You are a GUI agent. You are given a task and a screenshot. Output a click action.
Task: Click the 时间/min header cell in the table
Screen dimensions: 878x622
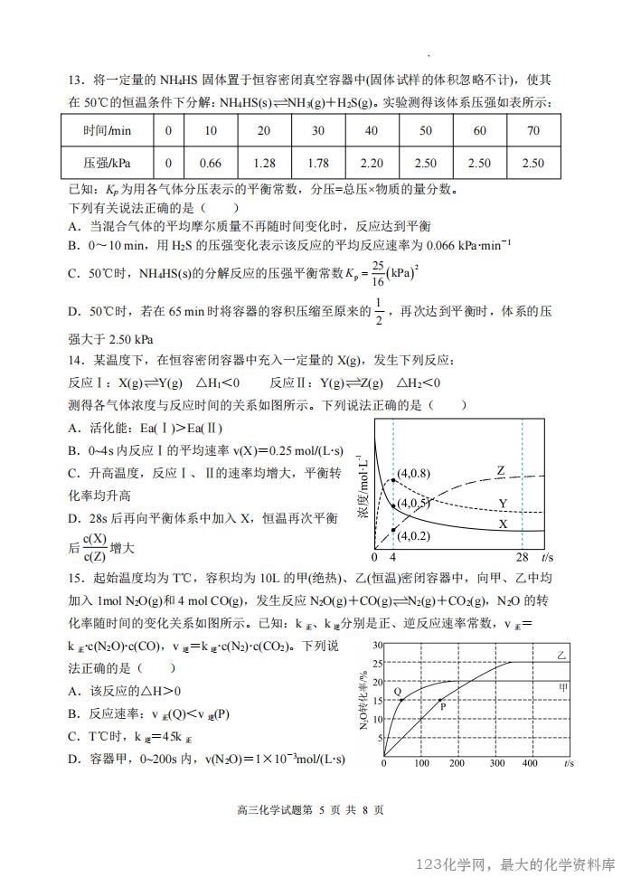coord(108,130)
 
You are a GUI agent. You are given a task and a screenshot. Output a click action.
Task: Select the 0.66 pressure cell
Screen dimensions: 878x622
coord(210,164)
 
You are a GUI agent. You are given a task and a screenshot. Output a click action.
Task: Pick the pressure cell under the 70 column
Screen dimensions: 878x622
coord(533,164)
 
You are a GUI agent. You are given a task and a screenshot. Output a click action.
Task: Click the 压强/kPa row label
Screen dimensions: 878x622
coord(108,164)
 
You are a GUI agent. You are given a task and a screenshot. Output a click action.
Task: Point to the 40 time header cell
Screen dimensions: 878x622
coord(371,130)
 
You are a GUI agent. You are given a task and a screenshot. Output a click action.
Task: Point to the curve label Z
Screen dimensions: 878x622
coord(500,469)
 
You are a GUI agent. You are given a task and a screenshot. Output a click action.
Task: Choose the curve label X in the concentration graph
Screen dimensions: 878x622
coord(502,524)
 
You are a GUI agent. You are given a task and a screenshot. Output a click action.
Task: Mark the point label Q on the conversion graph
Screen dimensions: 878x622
coord(397,691)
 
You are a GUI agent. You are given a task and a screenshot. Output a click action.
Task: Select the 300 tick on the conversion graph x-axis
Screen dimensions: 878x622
coord(495,765)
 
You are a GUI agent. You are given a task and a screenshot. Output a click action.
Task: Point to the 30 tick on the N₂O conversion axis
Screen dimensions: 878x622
coord(378,645)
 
